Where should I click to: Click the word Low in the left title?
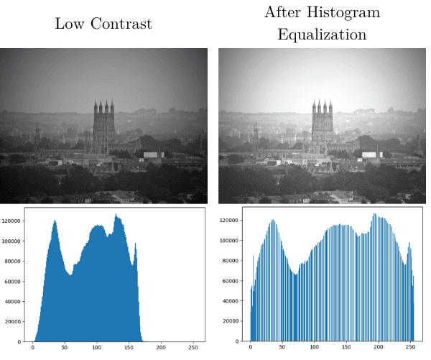[69, 24]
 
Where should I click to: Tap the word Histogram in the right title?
[353, 12]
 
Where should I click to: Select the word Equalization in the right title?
[322, 34]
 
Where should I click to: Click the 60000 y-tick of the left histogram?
[14, 282]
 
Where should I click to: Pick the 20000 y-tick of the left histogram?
[14, 322]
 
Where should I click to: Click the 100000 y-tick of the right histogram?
[229, 241]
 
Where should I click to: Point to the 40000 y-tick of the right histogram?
[231, 300]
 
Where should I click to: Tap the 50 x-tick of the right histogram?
[282, 348]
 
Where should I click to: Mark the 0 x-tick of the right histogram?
[251, 348]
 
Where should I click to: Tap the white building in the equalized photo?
[372, 154]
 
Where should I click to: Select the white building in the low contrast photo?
[153, 154]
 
